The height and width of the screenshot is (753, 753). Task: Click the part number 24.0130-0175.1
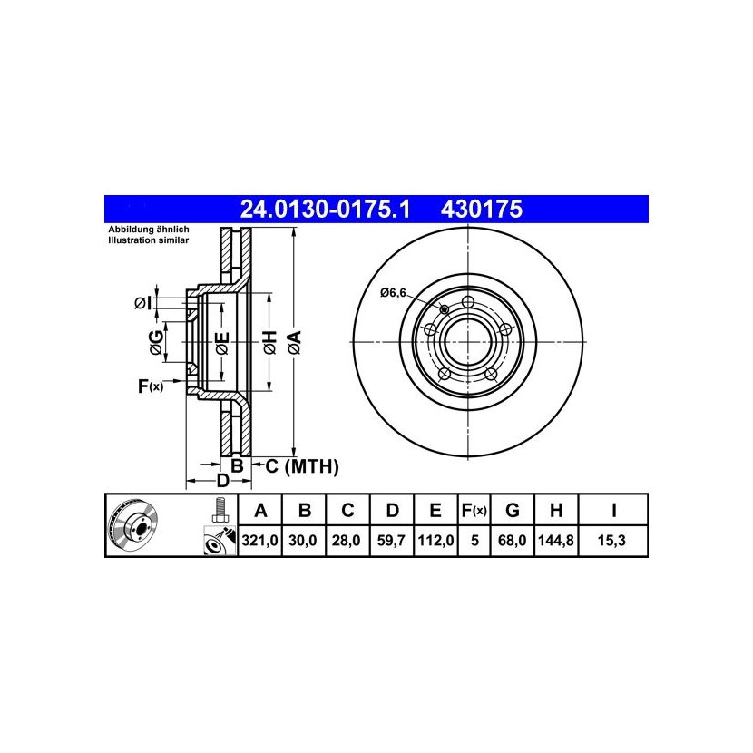tap(326, 210)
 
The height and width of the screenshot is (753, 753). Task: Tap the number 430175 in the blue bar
tap(481, 210)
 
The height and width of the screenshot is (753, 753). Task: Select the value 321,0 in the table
tap(259, 541)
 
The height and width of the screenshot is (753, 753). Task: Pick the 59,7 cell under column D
tap(391, 541)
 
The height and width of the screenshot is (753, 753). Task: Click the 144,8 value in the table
tap(555, 541)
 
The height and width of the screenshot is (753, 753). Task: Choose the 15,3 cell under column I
tap(611, 541)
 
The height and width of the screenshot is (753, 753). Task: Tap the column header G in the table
tap(513, 511)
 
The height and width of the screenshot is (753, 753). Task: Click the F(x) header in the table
tap(474, 511)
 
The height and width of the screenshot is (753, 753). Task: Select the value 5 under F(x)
tap(474, 541)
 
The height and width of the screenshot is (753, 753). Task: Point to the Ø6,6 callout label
tap(394, 292)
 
